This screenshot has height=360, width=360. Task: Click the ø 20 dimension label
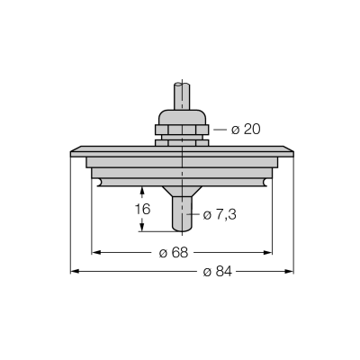point(246,130)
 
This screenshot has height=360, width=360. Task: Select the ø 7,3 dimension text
point(220,215)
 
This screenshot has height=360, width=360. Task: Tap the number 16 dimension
point(142,209)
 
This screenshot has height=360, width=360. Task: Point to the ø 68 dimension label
point(174,253)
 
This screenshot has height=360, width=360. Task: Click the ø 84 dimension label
point(218,272)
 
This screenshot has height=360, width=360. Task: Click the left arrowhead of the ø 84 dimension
point(75,272)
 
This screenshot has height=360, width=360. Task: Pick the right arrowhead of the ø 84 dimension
point(289,272)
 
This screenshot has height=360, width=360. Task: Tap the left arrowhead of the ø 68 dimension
point(95,253)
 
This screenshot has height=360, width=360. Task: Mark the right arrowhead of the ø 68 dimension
point(268,253)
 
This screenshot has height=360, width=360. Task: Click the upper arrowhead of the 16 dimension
point(142,191)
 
